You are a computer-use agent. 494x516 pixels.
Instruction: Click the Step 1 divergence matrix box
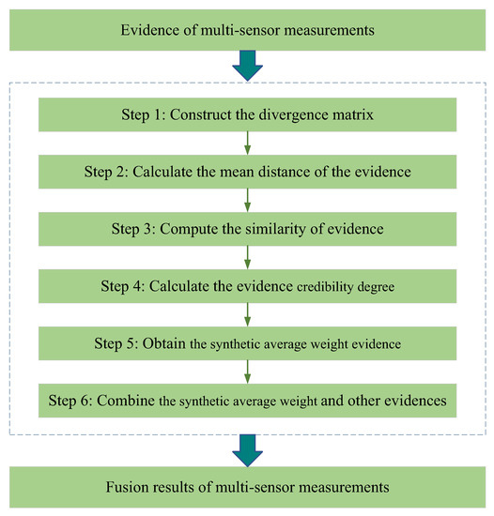[247, 114]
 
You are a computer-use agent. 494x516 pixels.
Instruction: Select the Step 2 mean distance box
[247, 172]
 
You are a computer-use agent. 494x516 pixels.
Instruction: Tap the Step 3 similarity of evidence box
[247, 229]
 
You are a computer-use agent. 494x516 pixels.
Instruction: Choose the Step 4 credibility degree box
[247, 286]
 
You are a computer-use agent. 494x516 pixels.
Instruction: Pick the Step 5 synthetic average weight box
[247, 343]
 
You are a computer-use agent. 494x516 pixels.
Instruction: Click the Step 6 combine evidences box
[247, 401]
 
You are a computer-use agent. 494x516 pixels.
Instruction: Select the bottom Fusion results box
[247, 487]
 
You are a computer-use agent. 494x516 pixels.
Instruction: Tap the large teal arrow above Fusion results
[247, 448]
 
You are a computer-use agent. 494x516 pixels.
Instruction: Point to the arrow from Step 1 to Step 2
[247, 143]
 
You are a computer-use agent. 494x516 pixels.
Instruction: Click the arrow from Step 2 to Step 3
[247, 200]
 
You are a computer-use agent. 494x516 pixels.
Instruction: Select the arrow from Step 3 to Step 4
[247, 257]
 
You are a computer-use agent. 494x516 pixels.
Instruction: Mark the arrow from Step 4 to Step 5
[247, 314]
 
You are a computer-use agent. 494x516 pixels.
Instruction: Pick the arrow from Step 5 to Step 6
[247, 372]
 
